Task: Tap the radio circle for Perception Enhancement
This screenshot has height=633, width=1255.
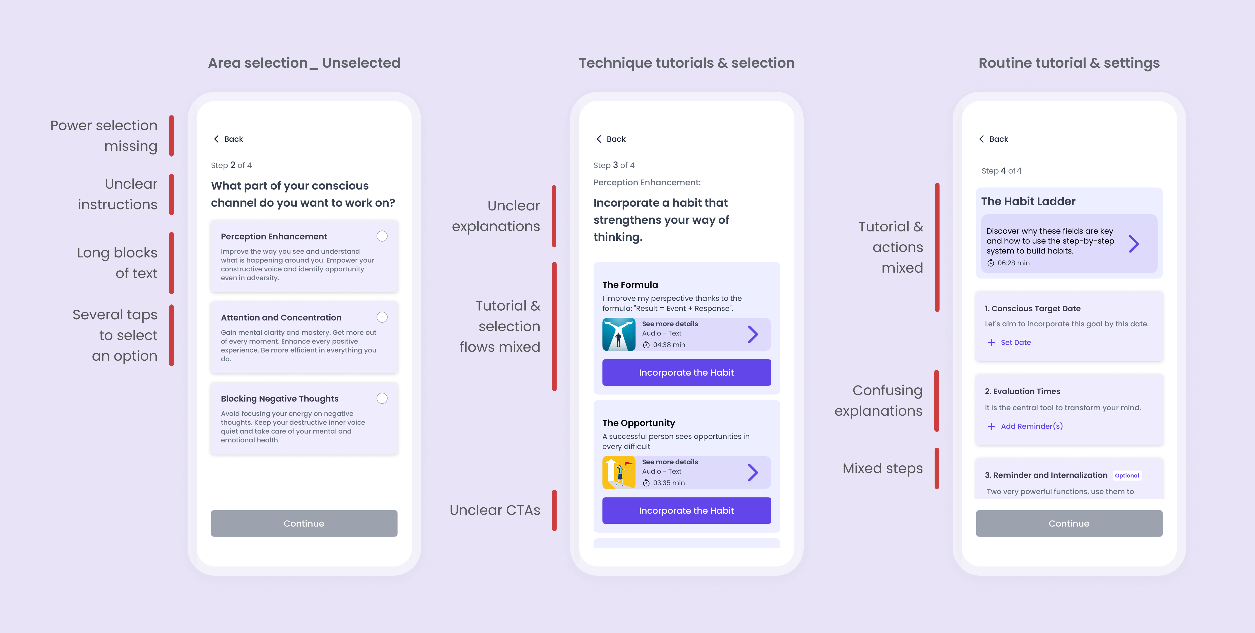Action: (382, 236)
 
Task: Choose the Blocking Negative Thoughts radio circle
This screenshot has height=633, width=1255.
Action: (382, 398)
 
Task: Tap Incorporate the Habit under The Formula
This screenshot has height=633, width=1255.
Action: (686, 372)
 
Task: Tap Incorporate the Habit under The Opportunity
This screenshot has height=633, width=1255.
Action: (686, 510)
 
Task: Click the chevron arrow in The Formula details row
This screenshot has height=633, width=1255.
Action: (753, 334)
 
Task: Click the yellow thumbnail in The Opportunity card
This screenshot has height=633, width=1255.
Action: (619, 472)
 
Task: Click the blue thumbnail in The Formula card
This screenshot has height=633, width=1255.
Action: (619, 334)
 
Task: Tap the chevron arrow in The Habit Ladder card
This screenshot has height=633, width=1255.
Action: (1134, 243)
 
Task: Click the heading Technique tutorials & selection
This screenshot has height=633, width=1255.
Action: (686, 63)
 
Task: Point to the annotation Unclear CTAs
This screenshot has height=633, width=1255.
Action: (494, 510)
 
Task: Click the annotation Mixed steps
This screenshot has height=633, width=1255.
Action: (882, 468)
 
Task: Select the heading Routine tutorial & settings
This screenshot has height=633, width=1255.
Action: (1069, 63)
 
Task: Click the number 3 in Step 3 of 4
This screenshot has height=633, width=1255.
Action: (615, 165)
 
